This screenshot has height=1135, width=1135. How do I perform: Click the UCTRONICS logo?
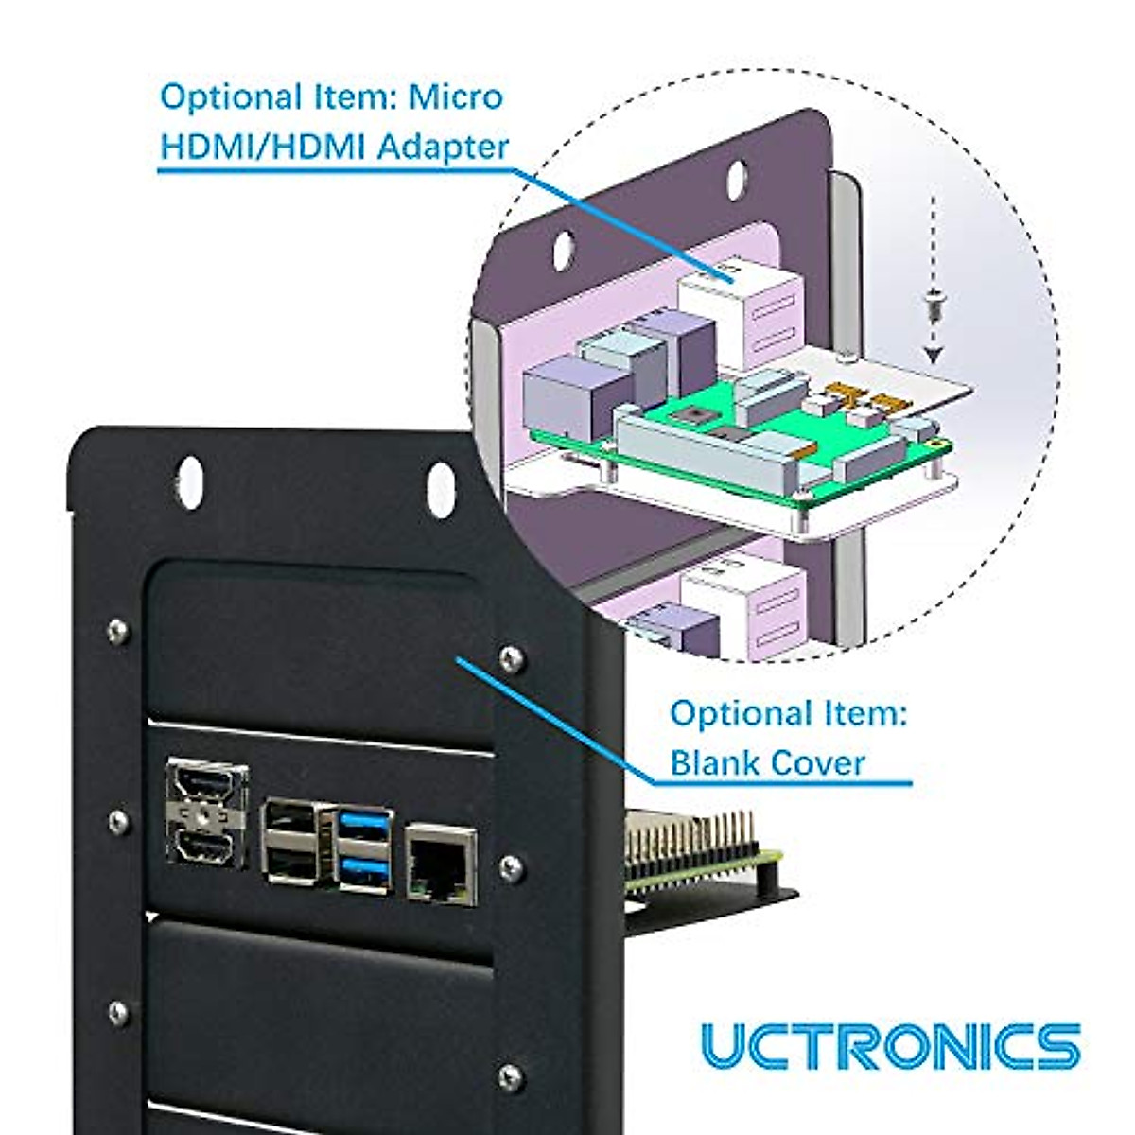click(x=890, y=1046)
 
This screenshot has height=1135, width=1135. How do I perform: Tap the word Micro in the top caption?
click(x=455, y=96)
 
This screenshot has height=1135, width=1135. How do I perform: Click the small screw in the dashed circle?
click(x=934, y=306)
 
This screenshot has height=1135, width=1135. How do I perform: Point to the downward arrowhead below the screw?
click(x=934, y=355)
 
